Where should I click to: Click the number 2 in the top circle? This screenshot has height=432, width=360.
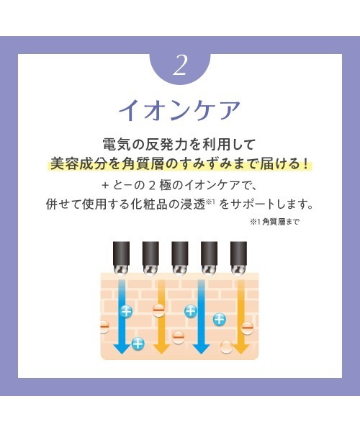pyautogui.click(x=180, y=66)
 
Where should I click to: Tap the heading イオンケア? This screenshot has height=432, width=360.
pyautogui.click(x=180, y=111)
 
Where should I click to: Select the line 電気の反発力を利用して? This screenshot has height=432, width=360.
pyautogui.click(x=180, y=145)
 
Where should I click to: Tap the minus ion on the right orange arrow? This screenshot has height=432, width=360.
pyautogui.click(x=247, y=328)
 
